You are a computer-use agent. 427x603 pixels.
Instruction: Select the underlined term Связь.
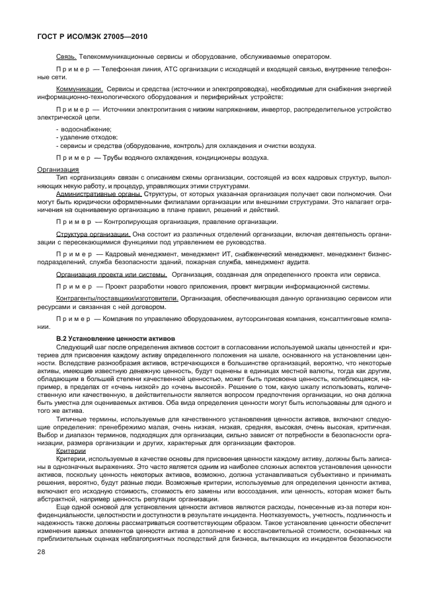pyautogui.click(x=67, y=56)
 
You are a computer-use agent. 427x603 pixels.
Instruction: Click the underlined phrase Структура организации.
pyautogui.click(x=93, y=234)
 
